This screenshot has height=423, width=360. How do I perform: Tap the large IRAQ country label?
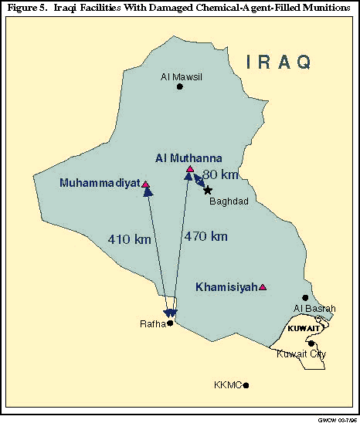click(279, 62)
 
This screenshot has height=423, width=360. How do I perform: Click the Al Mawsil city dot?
click(180, 87)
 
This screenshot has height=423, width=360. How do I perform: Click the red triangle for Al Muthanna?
click(189, 168)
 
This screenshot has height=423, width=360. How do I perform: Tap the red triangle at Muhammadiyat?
click(145, 184)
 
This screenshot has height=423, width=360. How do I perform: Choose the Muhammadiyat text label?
click(99, 184)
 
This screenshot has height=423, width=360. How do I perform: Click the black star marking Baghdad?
click(208, 190)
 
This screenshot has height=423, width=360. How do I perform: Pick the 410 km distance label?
click(130, 239)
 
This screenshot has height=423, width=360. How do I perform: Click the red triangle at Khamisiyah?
click(263, 287)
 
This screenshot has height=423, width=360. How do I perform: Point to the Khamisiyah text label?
click(226, 287)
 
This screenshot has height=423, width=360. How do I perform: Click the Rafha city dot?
click(171, 323)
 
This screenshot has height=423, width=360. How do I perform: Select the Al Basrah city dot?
click(305, 297)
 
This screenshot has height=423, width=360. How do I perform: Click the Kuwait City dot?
click(311, 343)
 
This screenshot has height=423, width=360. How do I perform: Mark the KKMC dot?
click(246, 384)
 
